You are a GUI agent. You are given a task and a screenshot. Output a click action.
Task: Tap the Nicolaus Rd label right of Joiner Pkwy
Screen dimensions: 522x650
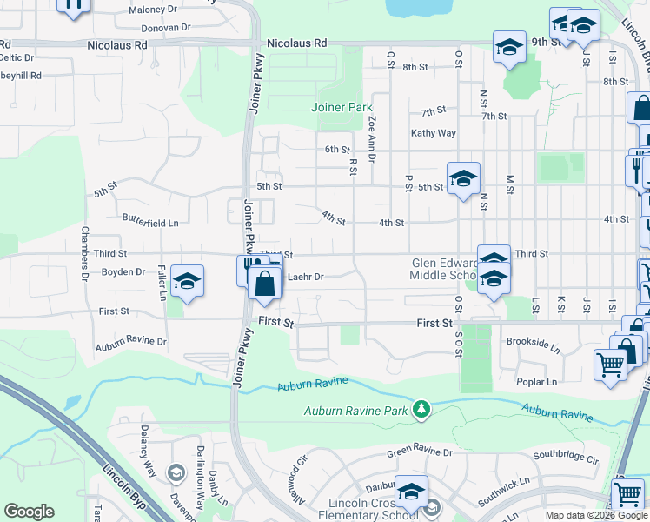click(x=296, y=43)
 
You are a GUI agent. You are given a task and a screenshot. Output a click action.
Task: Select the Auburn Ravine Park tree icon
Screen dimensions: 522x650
click(x=421, y=408)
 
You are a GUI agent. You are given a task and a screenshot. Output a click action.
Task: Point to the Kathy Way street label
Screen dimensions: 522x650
click(x=434, y=133)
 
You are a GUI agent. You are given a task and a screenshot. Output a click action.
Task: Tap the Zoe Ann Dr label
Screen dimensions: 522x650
click(x=372, y=139)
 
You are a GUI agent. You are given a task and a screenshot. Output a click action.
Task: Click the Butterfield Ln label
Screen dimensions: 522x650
click(x=150, y=223)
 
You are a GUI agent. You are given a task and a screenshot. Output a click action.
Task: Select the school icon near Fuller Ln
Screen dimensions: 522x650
click(x=187, y=282)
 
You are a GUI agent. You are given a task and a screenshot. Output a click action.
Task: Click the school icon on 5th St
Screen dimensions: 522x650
click(x=463, y=179)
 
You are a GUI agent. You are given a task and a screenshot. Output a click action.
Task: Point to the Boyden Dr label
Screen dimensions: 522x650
click(x=123, y=271)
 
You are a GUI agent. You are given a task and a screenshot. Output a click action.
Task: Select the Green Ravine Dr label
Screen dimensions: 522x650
click(x=420, y=452)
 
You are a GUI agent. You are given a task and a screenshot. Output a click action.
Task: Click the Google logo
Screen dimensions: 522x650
click(x=29, y=512)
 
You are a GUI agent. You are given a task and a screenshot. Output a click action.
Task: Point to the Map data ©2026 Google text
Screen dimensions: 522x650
click(x=596, y=515)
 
